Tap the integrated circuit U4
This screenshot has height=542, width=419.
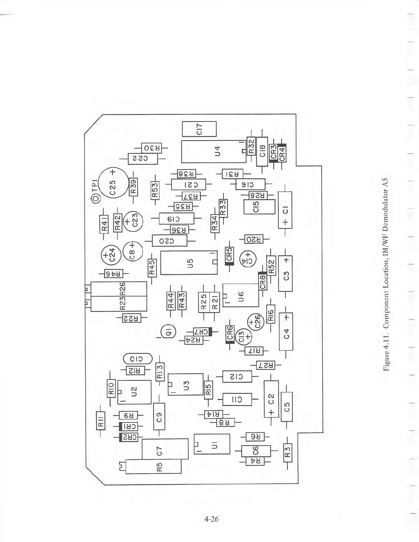click(214, 152)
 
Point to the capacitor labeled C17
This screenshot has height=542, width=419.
click(199, 129)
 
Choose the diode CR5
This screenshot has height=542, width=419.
click(229, 256)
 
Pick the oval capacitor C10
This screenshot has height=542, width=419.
click(137, 359)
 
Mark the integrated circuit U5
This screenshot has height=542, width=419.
click(189, 262)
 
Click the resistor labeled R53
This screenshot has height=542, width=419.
click(155, 190)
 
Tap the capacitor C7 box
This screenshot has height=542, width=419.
click(165, 449)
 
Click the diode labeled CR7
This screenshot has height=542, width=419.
click(202, 332)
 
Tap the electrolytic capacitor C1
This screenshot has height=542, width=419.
click(285, 210)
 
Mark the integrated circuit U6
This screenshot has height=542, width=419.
click(240, 295)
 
